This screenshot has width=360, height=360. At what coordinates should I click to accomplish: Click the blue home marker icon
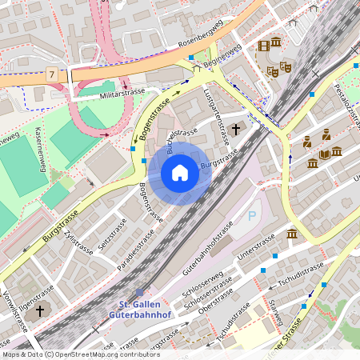click(x=180, y=173)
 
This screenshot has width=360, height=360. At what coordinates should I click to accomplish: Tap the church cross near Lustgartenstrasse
click(x=235, y=129)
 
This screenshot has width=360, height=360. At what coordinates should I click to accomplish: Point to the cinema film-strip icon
click(x=263, y=45)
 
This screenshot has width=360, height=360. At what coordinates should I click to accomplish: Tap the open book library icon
click(x=325, y=154)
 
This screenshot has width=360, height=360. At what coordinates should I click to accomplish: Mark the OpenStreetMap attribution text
click(x=80, y=354)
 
